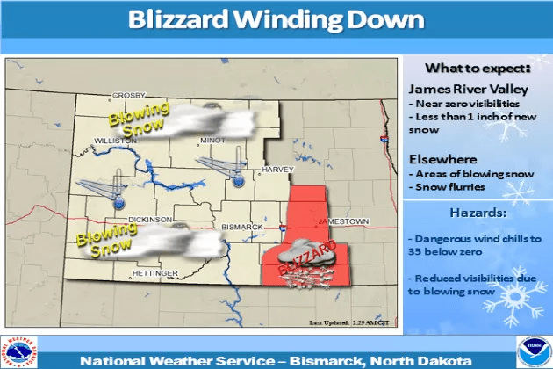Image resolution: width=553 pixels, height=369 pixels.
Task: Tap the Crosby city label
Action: pyautogui.click(x=126, y=95)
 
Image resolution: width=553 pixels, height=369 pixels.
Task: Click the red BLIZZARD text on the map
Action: pyautogui.click(x=304, y=262)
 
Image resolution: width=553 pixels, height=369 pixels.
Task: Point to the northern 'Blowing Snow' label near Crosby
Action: pyautogui.click(x=132, y=122)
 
